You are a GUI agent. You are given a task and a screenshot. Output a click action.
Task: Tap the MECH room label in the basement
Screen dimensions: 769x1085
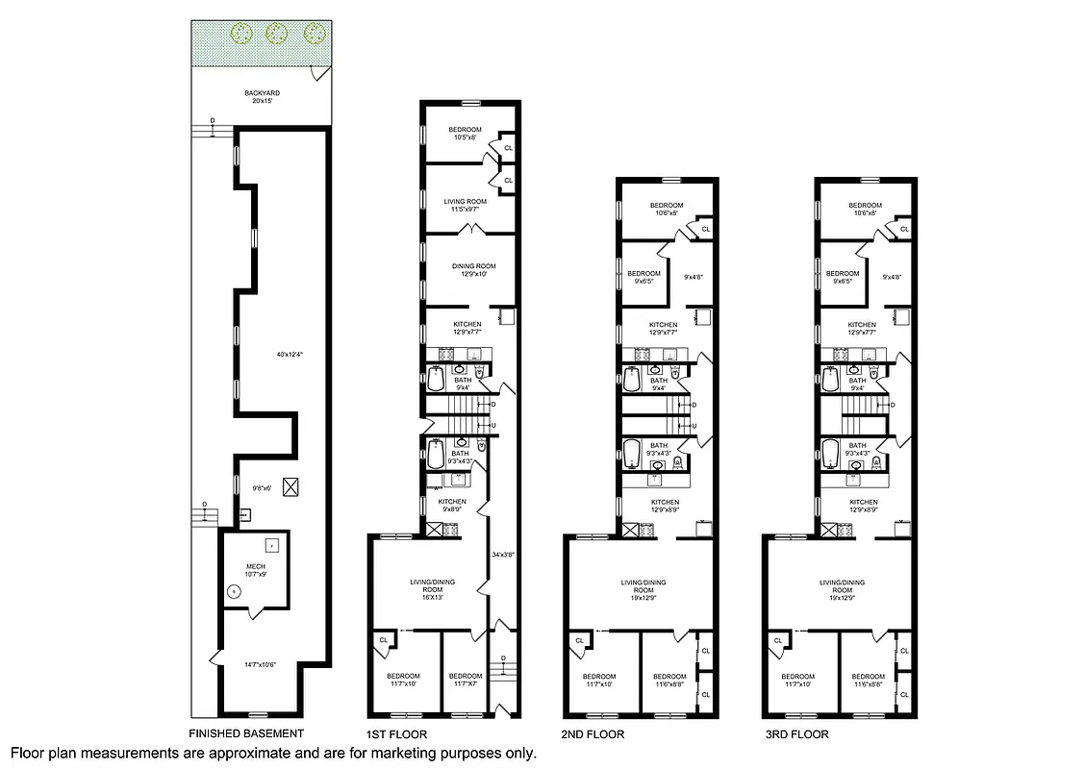(255, 569)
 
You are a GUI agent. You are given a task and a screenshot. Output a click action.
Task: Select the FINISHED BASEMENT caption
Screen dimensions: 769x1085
(248, 733)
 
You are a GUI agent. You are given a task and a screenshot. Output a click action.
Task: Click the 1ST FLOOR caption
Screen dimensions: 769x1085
(396, 734)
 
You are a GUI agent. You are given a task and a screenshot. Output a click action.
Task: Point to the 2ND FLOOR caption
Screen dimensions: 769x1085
(593, 734)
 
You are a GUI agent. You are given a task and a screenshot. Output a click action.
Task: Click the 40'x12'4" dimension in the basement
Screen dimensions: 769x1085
(290, 355)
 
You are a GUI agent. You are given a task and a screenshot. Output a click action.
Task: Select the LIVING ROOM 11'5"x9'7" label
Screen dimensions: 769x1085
(465, 206)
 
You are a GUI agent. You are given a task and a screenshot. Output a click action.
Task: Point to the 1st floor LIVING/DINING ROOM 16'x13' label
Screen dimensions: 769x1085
(423, 587)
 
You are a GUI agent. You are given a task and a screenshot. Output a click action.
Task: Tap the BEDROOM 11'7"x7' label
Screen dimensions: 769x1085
(466, 680)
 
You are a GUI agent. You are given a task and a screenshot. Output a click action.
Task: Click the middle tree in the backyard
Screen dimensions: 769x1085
(276, 33)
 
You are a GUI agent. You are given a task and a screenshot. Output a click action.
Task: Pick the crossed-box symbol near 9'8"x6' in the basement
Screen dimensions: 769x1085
(290, 487)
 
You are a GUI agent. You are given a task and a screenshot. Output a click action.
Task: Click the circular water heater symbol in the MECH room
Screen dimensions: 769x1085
(232, 592)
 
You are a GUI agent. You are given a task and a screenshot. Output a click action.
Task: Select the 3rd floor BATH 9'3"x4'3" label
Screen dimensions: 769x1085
(857, 449)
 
